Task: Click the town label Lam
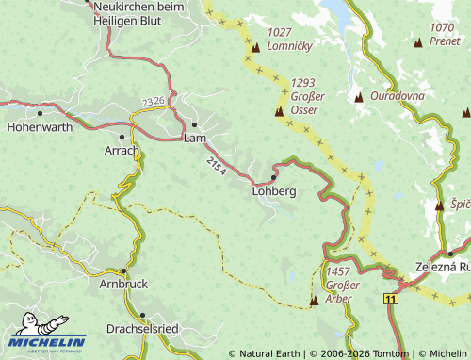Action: tap(195, 139)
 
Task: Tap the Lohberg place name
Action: tap(274, 191)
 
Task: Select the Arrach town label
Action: tap(122, 151)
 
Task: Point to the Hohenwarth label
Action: tap(40, 124)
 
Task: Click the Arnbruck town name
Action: tap(123, 283)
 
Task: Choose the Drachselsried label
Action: tap(142, 329)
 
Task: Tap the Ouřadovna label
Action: tap(397, 96)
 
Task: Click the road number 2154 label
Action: tap(216, 167)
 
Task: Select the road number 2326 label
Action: tap(154, 102)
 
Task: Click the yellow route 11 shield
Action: tap(388, 297)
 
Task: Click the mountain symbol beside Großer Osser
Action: tap(279, 112)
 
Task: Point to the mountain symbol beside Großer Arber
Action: tap(314, 301)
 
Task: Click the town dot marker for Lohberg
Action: tap(273, 177)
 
